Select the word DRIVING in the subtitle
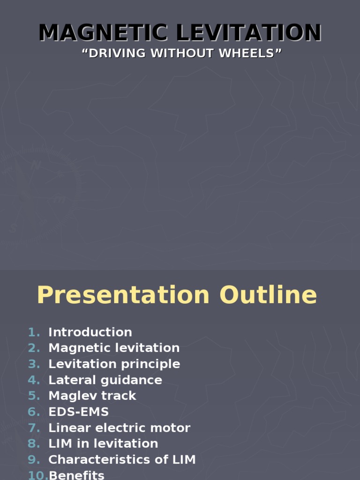[x=114, y=53]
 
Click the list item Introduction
[x=90, y=332]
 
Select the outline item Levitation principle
[x=114, y=364]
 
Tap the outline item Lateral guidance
[x=105, y=380]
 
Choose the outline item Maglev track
[x=92, y=396]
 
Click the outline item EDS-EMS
[x=78, y=412]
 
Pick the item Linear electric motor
[x=119, y=428]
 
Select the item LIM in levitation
[x=103, y=443]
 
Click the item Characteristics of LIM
[x=122, y=460]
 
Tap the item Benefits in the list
[x=76, y=475]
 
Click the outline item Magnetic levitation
[x=114, y=348]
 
